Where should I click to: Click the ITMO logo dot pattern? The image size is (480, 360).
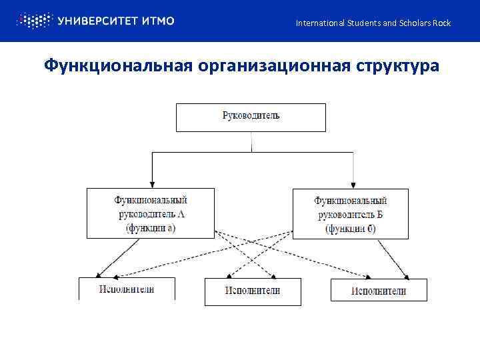click(33, 21)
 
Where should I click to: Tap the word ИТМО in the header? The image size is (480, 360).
click(159, 21)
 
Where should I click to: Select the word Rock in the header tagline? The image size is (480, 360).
click(442, 23)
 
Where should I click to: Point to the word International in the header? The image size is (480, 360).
click(320, 23)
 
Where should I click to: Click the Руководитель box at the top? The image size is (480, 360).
click(251, 117)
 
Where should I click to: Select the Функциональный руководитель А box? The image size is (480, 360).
click(151, 213)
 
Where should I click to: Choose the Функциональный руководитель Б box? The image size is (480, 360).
click(351, 213)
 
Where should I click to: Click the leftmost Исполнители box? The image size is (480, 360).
click(127, 289)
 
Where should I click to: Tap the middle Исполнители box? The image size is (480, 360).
click(252, 291)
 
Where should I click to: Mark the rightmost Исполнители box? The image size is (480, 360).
click(379, 290)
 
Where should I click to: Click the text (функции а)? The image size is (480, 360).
click(151, 228)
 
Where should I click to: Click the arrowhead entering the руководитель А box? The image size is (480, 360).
click(152, 183)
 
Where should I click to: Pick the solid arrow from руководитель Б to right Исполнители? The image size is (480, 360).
click(393, 258)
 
